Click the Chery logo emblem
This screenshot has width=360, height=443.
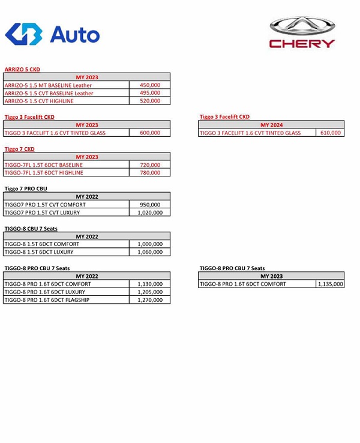(302, 26)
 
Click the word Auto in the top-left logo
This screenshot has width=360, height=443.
(74, 34)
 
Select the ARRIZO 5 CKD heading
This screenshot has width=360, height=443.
(22, 70)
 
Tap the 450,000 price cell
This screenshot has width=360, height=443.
(149, 85)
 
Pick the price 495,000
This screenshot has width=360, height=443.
(149, 93)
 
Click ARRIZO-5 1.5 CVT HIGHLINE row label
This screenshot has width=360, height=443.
(41, 101)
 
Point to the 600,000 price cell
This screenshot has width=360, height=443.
(149, 133)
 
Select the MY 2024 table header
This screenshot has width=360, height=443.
(271, 125)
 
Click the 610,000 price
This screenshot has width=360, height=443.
(330, 133)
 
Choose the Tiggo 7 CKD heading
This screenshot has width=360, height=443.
(19, 149)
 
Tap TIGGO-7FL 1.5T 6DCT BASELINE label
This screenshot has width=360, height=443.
(44, 164)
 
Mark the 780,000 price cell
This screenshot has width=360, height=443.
(149, 172)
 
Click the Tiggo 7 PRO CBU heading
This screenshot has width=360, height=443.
(26, 188)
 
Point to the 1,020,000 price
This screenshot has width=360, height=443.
(149, 212)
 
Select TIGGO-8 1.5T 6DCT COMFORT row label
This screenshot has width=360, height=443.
(42, 244)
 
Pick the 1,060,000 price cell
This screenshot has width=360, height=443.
(149, 252)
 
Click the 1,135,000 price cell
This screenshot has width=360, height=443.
(330, 284)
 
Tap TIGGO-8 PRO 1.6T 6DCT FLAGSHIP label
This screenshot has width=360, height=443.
(47, 300)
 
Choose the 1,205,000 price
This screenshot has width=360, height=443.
(149, 292)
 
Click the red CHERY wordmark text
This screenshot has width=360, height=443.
(302, 43)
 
